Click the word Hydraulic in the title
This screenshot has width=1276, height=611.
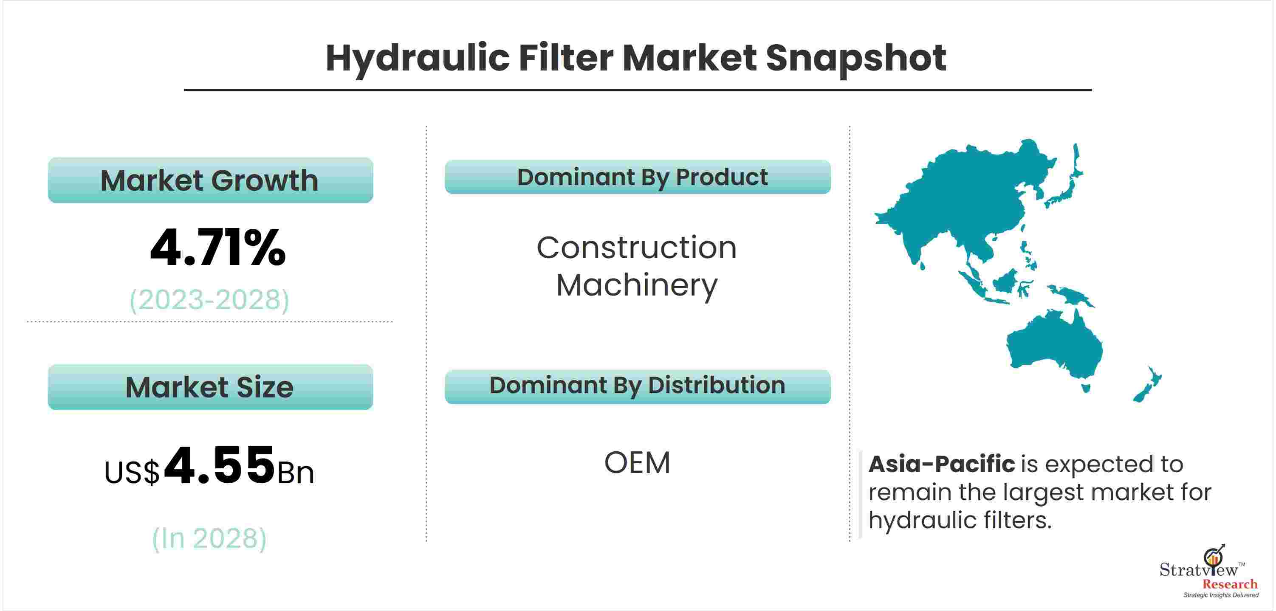pyautogui.click(x=418, y=59)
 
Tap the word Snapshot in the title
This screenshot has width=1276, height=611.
pyautogui.click(x=856, y=59)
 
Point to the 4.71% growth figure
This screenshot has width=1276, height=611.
pyautogui.click(x=218, y=248)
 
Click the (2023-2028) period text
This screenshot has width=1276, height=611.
pyautogui.click(x=209, y=300)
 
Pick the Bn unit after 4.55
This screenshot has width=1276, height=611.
pyautogui.click(x=296, y=473)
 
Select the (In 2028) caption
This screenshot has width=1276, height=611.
pyautogui.click(x=209, y=538)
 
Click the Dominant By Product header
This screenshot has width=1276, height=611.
pyautogui.click(x=638, y=177)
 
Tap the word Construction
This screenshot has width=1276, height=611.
pyautogui.click(x=637, y=248)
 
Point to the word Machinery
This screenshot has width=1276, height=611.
pyautogui.click(x=637, y=286)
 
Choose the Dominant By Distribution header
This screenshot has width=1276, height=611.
pyautogui.click(x=638, y=387)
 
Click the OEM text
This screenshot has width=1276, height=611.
pyautogui.click(x=637, y=463)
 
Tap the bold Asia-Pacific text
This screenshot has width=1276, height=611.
pyautogui.click(x=942, y=465)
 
